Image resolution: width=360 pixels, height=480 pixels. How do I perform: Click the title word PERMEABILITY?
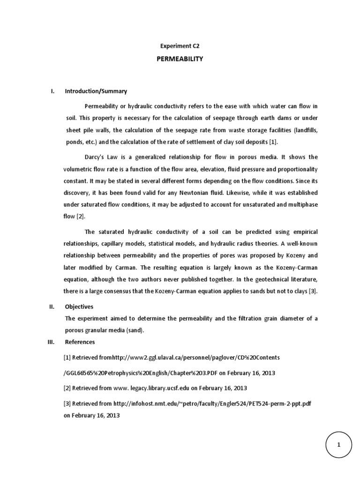180,60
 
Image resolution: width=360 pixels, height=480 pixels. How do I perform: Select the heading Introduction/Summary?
96,91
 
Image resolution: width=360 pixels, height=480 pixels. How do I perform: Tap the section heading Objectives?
79,307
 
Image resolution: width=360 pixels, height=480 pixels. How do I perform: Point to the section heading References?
80,342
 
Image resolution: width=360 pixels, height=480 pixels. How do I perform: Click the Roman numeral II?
52,307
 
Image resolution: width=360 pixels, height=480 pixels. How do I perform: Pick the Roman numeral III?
52,342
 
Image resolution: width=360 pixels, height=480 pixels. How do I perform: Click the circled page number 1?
338,445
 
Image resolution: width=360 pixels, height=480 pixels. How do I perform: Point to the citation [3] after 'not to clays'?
313,291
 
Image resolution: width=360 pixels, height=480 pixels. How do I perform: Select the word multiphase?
301,204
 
